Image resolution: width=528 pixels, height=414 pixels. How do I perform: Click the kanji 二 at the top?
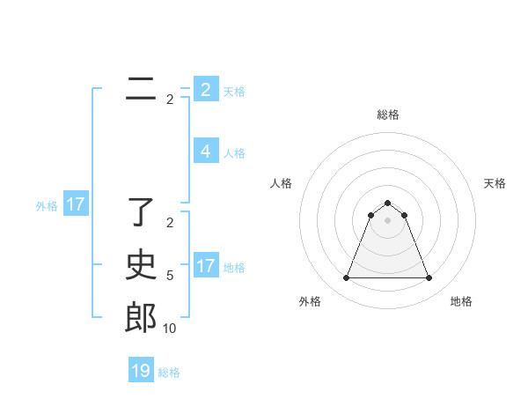pos(141,89)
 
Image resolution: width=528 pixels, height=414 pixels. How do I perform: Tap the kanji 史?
pos(141,265)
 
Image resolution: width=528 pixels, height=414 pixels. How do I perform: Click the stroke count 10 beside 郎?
pos(169,329)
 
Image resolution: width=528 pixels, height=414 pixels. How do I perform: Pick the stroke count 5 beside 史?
pos(170,276)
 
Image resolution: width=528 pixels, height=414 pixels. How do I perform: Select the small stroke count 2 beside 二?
pos(170,100)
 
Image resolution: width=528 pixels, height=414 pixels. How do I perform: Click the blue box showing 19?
pos(141,371)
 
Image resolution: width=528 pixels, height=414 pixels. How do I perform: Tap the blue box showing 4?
pos(206,152)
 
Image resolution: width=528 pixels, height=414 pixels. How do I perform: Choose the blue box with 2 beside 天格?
pos(206,90)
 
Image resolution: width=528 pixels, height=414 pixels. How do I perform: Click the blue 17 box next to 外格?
pos(75,205)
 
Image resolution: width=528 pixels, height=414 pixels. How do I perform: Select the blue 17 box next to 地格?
pos(206,265)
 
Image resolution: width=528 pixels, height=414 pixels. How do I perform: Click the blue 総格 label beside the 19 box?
pos(169,372)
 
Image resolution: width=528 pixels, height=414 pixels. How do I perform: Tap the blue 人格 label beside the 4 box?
pos(234,152)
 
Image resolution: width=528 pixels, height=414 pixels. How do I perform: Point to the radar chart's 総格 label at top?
pos(387,115)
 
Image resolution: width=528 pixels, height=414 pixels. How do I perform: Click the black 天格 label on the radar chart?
pos(495,183)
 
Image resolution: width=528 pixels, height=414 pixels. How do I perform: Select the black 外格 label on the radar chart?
pos(309,301)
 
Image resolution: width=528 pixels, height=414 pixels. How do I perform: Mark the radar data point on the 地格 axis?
pos(429,278)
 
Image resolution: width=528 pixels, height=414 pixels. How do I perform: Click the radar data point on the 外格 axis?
pos(346,278)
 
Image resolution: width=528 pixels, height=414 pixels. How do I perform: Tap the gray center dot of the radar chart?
pos(387,219)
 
